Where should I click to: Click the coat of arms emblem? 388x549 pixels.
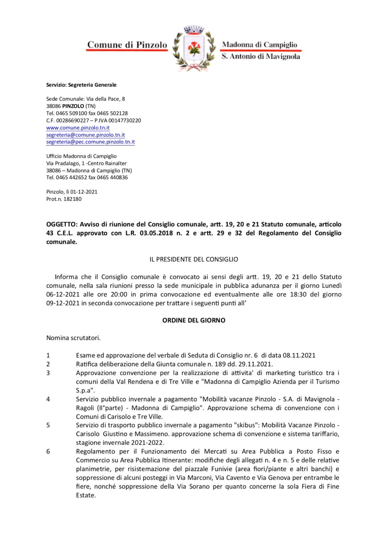(x=194, y=48)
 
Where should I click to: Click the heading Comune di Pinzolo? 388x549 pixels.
(x=127, y=45)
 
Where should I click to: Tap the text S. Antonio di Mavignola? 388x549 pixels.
(x=261, y=57)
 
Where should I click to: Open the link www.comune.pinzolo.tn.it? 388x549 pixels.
(x=78, y=128)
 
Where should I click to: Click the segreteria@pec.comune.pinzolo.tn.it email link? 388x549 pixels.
(x=90, y=142)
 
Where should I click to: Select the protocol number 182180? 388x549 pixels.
(x=72, y=199)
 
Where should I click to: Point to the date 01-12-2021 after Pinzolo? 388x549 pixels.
(x=84, y=192)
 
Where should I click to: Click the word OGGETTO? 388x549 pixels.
(x=61, y=224)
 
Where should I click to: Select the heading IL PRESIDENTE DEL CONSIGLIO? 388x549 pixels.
(x=194, y=259)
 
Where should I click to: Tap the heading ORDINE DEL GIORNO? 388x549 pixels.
(x=194, y=320)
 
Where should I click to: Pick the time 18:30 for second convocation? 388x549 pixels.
(x=298, y=294)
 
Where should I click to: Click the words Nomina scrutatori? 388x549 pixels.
(x=73, y=338)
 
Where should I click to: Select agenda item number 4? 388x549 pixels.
(x=48, y=399)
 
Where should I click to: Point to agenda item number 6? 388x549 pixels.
(x=48, y=451)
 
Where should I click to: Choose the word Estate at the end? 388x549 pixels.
(x=86, y=496)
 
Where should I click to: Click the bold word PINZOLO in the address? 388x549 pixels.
(x=73, y=106)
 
